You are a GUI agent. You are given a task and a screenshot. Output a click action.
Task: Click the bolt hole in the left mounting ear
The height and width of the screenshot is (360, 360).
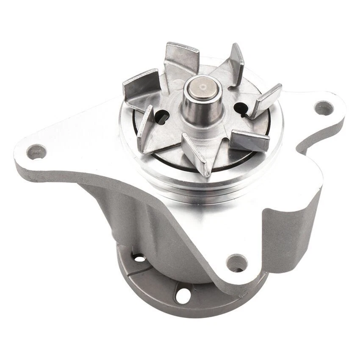click(36, 151)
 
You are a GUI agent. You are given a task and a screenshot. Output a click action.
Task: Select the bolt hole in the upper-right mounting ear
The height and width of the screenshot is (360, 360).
click(324, 108)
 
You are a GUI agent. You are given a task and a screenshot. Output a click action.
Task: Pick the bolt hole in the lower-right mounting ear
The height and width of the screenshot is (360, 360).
click(236, 263)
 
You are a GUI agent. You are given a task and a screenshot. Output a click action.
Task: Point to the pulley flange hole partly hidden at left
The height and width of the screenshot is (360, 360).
click(138, 257)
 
